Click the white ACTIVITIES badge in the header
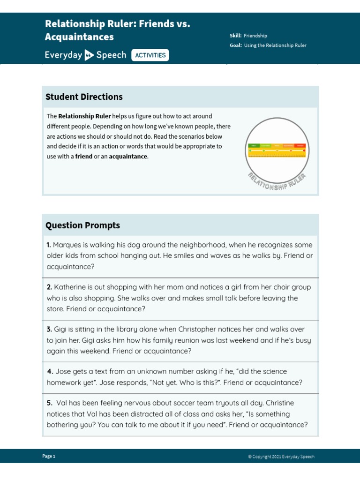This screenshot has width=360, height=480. pyautogui.click(x=150, y=55)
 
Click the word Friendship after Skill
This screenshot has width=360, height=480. pyautogui.click(x=255, y=36)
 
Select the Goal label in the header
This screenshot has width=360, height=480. pyautogui.click(x=236, y=45)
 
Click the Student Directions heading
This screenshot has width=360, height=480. pyautogui.click(x=84, y=97)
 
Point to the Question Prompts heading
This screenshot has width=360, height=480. pyautogui.click(x=82, y=225)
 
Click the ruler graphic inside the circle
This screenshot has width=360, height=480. pyautogui.click(x=277, y=150)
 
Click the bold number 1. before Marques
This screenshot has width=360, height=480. pyautogui.click(x=49, y=245)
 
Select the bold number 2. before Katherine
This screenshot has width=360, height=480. pyautogui.click(x=49, y=287)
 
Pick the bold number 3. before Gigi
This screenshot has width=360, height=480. pyautogui.click(x=49, y=330)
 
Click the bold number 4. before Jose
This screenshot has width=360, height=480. pyautogui.click(x=50, y=371)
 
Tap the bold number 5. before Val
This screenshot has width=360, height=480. pyautogui.click(x=50, y=403)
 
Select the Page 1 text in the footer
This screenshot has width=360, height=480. pyautogui.click(x=49, y=456)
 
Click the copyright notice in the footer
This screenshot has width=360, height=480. pyautogui.click(x=281, y=456)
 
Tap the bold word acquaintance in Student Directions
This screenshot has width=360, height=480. pyautogui.click(x=128, y=157)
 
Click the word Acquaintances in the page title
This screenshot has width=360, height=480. pyautogui.click(x=79, y=37)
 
